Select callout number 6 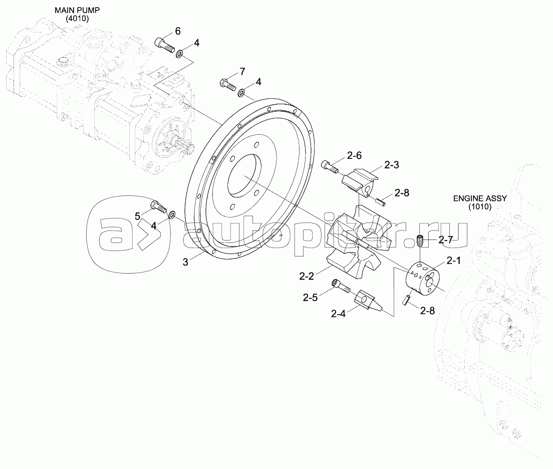click(177, 31)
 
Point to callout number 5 click(138, 216)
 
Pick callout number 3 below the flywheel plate click(185, 262)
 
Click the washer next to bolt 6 click(179, 52)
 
